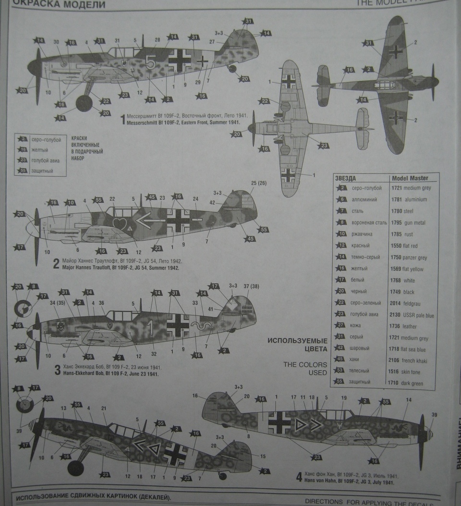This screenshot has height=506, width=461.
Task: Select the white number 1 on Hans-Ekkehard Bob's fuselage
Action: (150, 328)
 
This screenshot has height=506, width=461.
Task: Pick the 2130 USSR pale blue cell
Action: (412, 315)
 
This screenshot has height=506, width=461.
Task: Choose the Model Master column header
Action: (410, 178)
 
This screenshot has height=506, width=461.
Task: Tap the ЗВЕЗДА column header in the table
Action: (346, 178)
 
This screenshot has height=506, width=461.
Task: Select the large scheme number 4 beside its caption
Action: (299, 477)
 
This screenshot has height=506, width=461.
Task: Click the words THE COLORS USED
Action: (305, 369)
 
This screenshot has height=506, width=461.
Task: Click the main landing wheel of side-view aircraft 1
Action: (84, 103)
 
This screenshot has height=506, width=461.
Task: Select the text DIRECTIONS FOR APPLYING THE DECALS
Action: (369, 502)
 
